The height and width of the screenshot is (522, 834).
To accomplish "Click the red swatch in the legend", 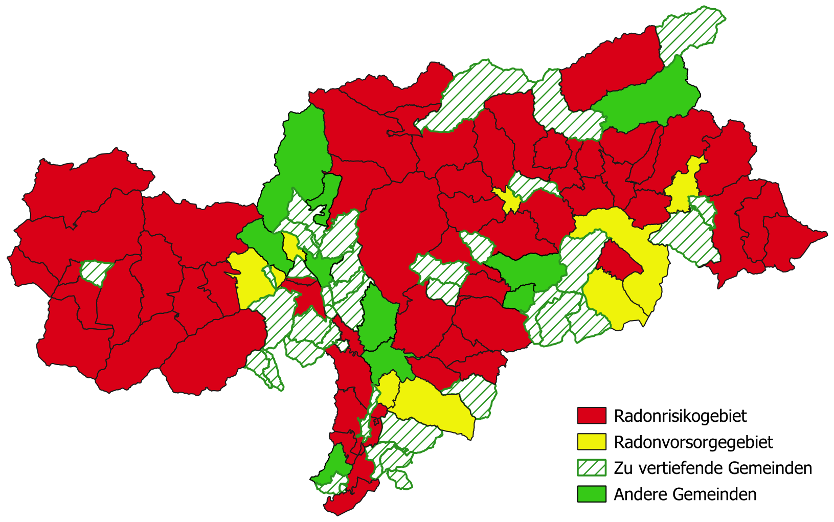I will click(592, 416).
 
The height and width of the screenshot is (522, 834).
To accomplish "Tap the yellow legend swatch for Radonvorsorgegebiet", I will click(592, 442).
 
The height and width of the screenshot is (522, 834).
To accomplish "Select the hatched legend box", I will click(592, 468).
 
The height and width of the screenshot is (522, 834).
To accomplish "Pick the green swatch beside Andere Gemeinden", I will click(592, 494).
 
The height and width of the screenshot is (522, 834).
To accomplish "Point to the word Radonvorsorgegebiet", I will click(693, 442).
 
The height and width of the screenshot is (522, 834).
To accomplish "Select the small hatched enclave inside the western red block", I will click(96, 271).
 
